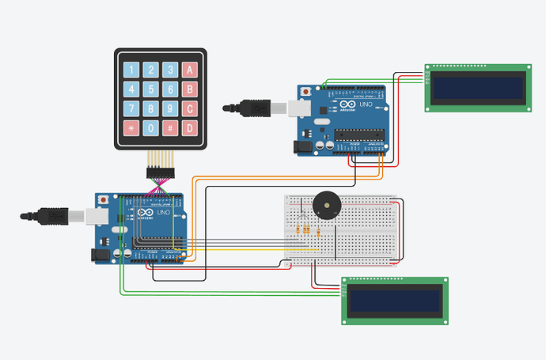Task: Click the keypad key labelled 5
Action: [x=150, y=89]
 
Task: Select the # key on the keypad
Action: [x=169, y=127]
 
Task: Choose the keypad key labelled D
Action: [x=189, y=127]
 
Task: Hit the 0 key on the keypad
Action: [x=150, y=127]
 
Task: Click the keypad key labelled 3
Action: [x=169, y=70]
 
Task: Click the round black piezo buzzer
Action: [x=327, y=205]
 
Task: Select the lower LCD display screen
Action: [x=395, y=300]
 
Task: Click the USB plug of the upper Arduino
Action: [x=255, y=106]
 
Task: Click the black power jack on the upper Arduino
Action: [x=301, y=146]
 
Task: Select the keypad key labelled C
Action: [x=189, y=108]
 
